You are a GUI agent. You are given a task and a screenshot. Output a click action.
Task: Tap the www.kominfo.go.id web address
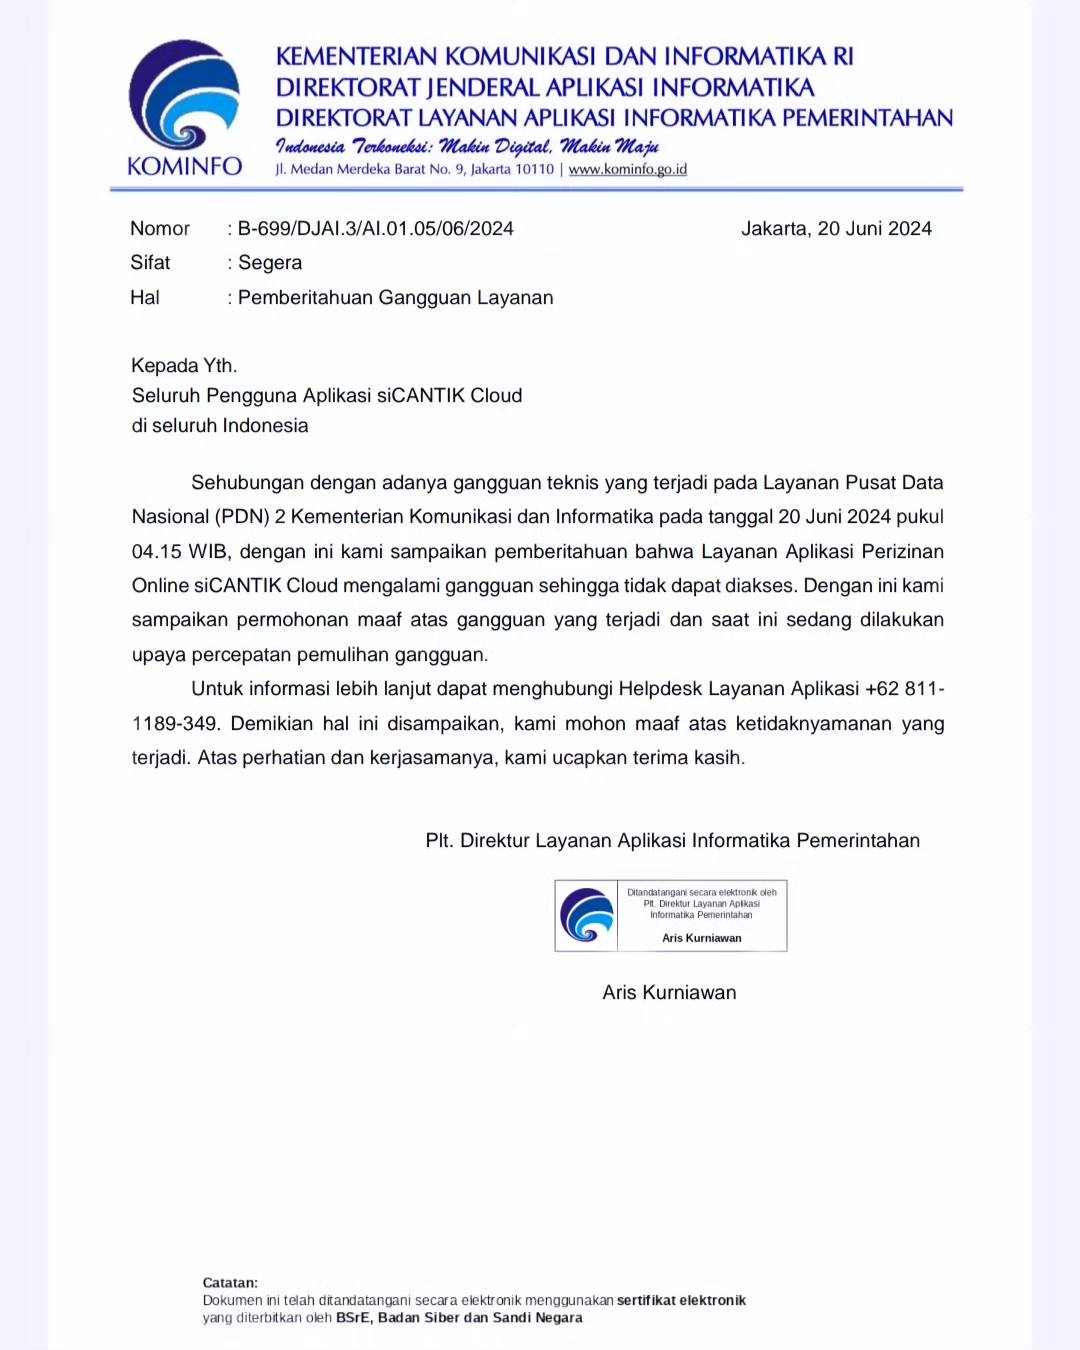627,169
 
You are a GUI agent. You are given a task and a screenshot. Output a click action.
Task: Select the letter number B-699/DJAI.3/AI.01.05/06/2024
375,228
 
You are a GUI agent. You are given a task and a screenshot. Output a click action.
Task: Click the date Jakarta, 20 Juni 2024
836,228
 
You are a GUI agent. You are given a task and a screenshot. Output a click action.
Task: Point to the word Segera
270,262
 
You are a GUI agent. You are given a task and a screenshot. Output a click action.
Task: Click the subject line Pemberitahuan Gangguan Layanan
395,297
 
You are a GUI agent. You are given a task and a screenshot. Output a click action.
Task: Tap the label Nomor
160,228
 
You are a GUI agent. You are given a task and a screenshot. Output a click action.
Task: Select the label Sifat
150,262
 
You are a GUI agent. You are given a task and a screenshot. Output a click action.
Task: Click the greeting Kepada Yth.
184,365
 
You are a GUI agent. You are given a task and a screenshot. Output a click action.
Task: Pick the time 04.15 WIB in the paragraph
179,551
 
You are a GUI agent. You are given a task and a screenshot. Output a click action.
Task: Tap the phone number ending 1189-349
175,723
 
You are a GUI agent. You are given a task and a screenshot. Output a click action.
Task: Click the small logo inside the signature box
587,915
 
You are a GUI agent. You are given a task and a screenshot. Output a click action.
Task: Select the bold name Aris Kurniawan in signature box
702,938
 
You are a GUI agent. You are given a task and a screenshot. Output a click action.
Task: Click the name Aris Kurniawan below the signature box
669,992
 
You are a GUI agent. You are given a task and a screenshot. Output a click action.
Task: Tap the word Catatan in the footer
230,1282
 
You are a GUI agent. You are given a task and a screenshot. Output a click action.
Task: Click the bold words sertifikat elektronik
681,1300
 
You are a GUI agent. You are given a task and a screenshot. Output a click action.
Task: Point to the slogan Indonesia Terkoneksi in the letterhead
353,146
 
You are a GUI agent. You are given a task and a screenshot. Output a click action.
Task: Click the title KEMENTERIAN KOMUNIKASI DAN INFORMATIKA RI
565,56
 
